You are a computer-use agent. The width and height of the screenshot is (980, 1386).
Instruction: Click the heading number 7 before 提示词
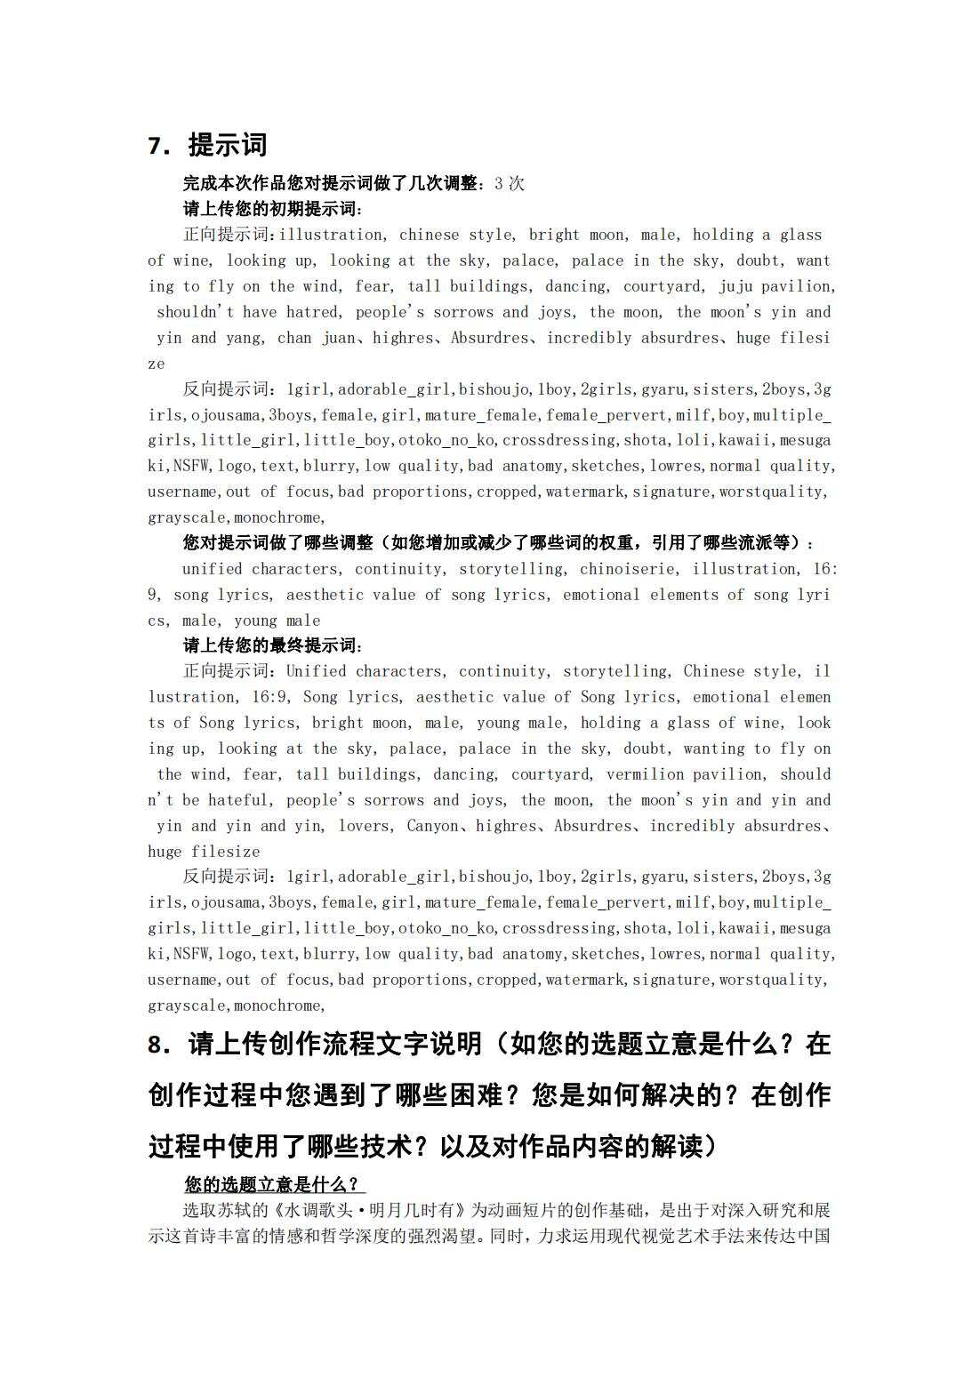tap(157, 146)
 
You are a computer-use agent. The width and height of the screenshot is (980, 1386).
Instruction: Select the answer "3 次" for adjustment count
tap(510, 184)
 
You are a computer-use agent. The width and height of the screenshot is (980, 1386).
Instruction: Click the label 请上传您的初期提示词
tap(272, 210)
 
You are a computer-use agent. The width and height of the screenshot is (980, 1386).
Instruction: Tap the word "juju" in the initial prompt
tap(736, 286)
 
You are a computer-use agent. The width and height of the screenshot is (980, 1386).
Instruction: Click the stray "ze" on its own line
tap(157, 364)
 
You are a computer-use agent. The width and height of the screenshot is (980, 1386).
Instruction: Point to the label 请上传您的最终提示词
tap(272, 645)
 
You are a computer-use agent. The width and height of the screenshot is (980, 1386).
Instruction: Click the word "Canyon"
tap(433, 826)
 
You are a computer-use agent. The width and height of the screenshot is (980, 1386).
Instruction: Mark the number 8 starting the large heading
tap(157, 1045)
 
